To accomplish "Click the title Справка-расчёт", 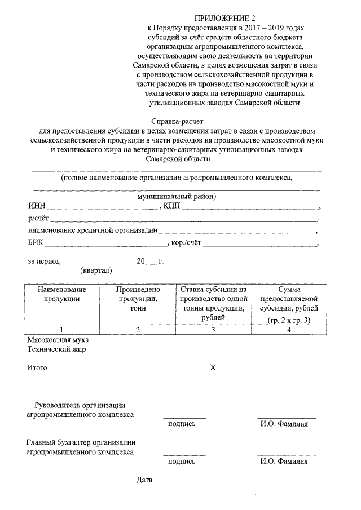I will (177, 121).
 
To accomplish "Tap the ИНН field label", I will (36, 206).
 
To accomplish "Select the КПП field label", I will (171, 206).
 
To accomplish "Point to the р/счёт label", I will (38, 218).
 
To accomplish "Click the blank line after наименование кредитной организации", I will (237, 231).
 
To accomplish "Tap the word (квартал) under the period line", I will (96, 270).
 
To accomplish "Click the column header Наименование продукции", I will (61, 294).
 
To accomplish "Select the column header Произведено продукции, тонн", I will (138, 299).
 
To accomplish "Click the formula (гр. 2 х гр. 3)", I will (289, 320).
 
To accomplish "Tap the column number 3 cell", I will (213, 330).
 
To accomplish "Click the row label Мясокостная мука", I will (58, 340).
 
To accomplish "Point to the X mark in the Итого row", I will (213, 368).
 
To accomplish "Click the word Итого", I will (37, 368).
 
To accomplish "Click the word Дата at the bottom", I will (144, 481).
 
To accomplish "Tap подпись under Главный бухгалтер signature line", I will (182, 462).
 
